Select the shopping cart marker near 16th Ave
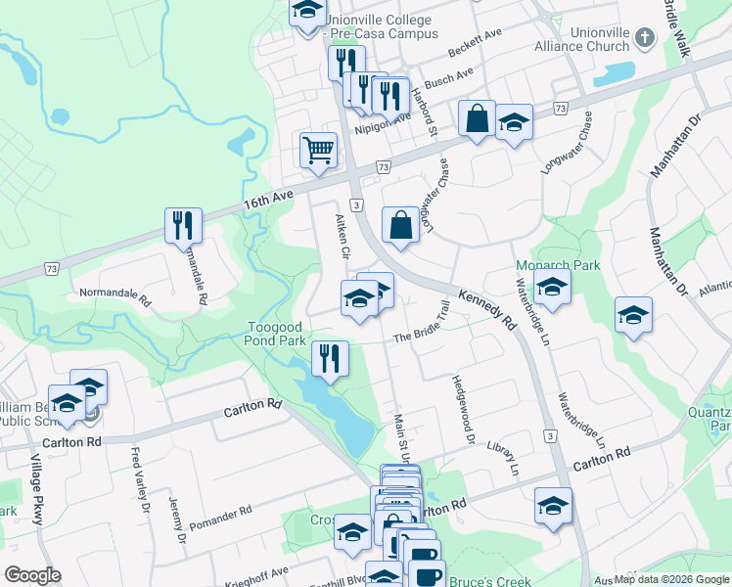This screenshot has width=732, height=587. tap(318, 152)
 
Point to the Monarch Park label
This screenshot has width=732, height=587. tap(544, 265)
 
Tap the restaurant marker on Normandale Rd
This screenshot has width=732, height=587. tap(183, 226)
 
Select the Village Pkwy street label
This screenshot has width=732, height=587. tap(35, 490)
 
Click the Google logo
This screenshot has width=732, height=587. tap(32, 575)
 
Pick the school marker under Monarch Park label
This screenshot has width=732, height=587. tap(553, 289)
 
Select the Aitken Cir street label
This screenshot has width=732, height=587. tap(343, 238)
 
